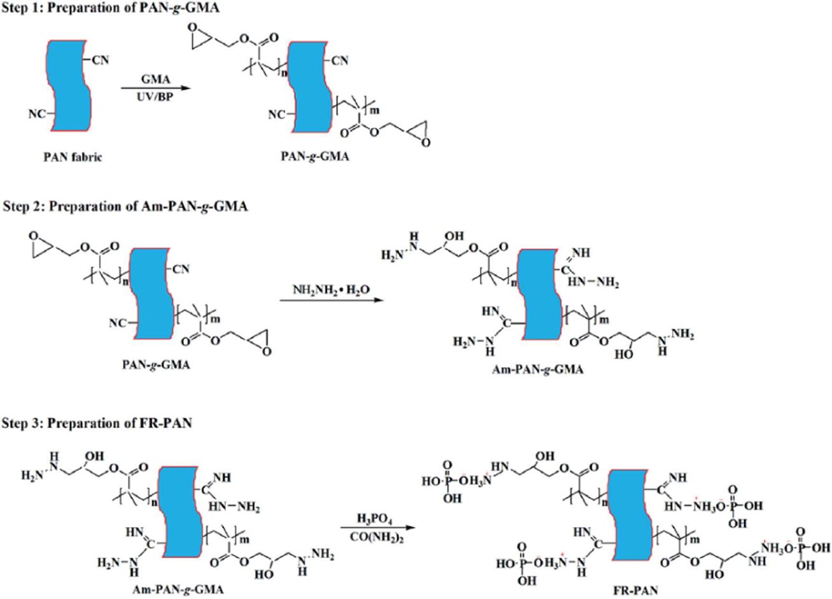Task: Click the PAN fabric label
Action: click(70, 158)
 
